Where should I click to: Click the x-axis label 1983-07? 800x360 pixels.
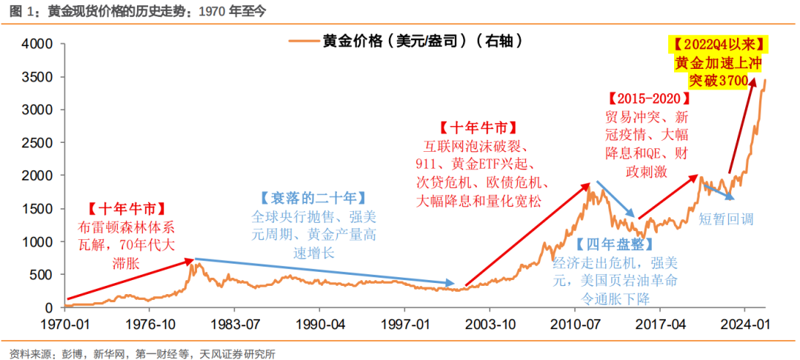click(236, 324)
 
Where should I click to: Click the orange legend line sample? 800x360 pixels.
click(303, 41)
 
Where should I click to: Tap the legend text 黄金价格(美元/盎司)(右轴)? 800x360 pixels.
click(422, 41)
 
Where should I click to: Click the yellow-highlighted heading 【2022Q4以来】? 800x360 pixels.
click(718, 44)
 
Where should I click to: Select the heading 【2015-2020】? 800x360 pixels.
click(649, 99)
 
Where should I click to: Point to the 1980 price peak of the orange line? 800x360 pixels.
click(197, 263)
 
